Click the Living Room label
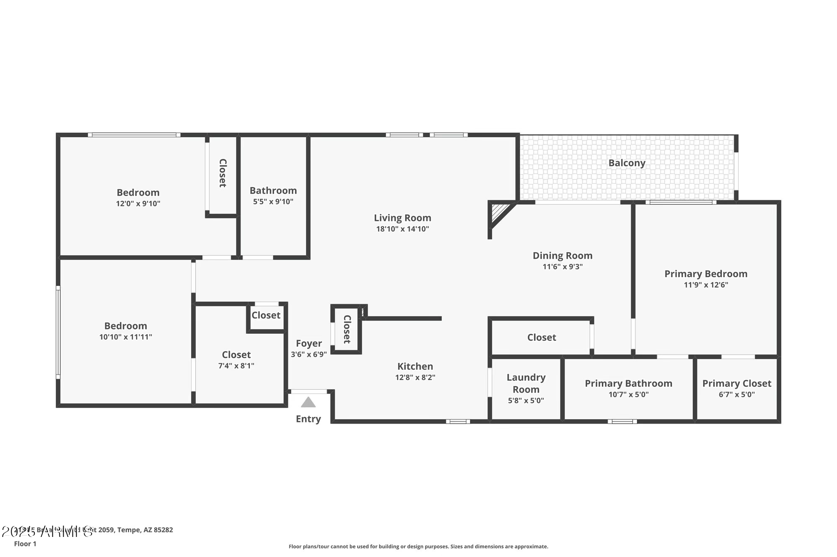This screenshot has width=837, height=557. pyautogui.click(x=402, y=218)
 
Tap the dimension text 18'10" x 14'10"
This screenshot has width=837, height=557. pyautogui.click(x=402, y=229)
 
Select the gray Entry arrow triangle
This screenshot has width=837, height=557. pyautogui.click(x=308, y=402)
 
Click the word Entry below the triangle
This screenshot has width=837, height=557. pyautogui.click(x=308, y=419)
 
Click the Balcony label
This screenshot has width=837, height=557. pyautogui.click(x=626, y=163)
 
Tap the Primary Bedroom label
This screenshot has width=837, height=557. pyautogui.click(x=706, y=274)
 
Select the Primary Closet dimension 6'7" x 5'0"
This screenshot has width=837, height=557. pyautogui.click(x=737, y=394)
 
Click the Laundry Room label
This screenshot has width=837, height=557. pyautogui.click(x=526, y=383)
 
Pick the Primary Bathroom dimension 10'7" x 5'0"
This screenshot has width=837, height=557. pyautogui.click(x=628, y=394)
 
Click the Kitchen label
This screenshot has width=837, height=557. pyautogui.click(x=415, y=366)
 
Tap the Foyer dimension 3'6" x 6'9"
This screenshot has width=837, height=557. pyautogui.click(x=308, y=355)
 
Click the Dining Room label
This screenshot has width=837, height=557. pyautogui.click(x=562, y=256)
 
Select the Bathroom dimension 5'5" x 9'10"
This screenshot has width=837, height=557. pyautogui.click(x=273, y=202)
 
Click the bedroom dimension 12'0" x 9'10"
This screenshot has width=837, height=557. pyautogui.click(x=138, y=204)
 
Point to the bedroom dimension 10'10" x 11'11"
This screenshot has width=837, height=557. pyautogui.click(x=125, y=337)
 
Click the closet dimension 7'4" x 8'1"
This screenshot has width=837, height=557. pyautogui.click(x=236, y=365)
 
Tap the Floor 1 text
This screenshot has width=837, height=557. pyautogui.click(x=25, y=544)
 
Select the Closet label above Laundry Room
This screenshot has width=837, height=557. pyautogui.click(x=541, y=337)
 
